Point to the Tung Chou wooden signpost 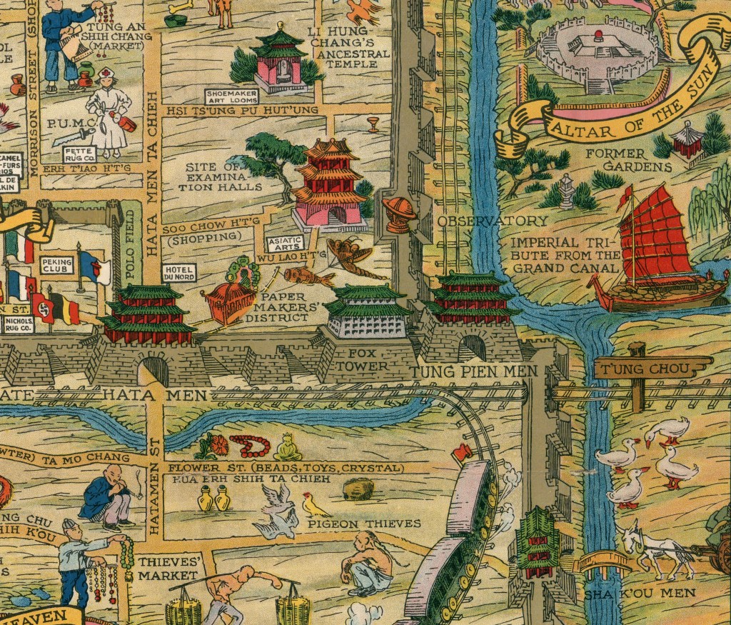click(x=643, y=370)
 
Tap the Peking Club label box click(x=57, y=266)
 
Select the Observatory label click(x=493, y=221)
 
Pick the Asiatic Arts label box click(x=283, y=243)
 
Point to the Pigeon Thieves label click(x=364, y=524)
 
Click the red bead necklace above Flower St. click(x=250, y=446)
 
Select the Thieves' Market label click(x=168, y=568)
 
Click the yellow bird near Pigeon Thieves click(x=313, y=506)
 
